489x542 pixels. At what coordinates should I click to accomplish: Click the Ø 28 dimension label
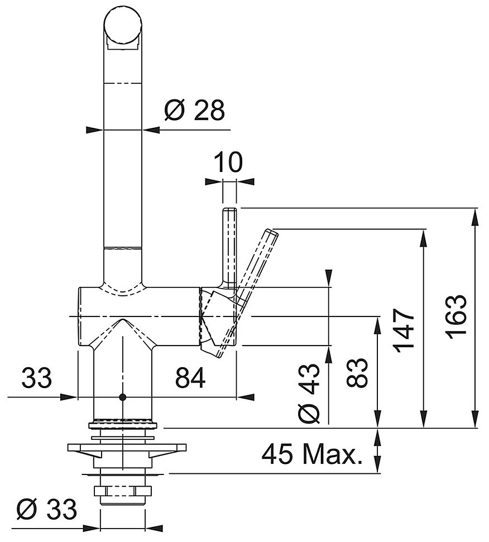195,111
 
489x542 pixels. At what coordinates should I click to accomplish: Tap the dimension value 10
228,162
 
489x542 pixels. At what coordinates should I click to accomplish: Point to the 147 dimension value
405,330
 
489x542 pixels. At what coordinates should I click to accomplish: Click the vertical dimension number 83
357,372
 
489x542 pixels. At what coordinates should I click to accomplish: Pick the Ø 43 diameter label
309,392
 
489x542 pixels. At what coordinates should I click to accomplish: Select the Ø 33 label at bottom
47,509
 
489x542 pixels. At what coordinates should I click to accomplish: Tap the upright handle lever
229,247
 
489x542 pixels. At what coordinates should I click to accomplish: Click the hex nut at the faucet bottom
123,491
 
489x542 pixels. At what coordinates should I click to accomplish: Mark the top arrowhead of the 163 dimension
476,216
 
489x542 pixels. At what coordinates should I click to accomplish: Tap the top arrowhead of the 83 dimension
378,325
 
